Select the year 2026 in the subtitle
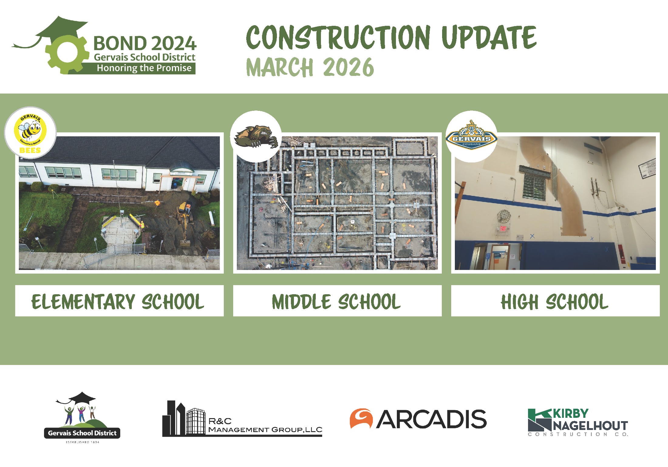(x=348, y=67)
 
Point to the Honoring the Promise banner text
(x=144, y=68)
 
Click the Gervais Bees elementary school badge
(x=30, y=132)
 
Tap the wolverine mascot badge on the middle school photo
(x=256, y=136)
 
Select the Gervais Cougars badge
(x=471, y=136)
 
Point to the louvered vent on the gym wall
(x=534, y=186)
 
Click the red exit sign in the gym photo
(x=503, y=228)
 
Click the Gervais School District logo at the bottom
(x=82, y=418)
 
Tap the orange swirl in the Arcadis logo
(x=361, y=418)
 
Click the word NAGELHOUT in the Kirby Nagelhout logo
(x=590, y=426)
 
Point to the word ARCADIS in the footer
(x=431, y=419)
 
